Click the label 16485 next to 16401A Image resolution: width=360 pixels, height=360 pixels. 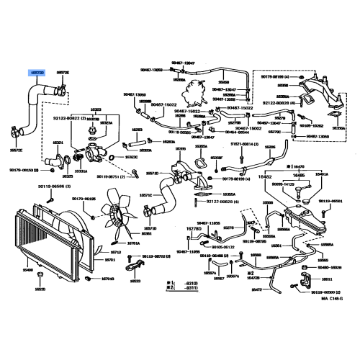click(298, 174)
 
